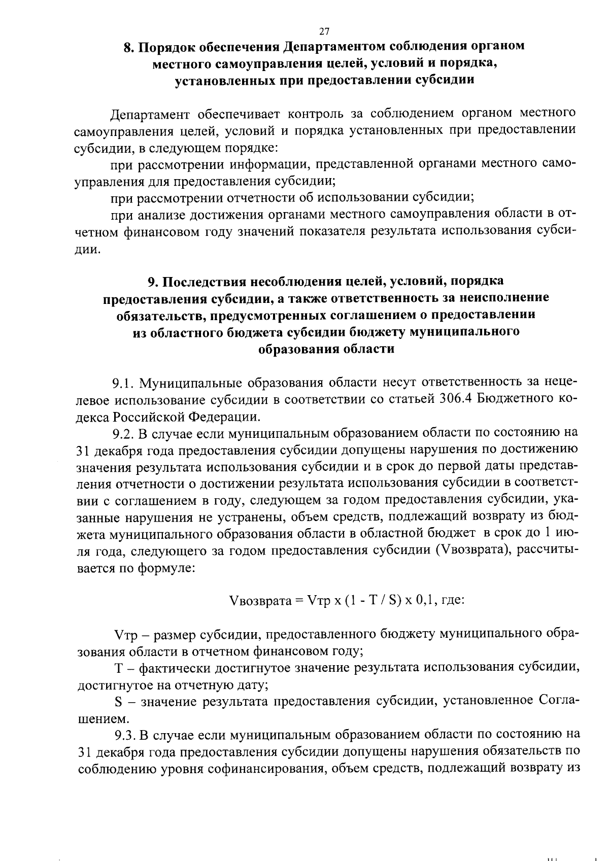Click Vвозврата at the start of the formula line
click(x=260, y=600)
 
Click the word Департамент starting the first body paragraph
click(x=150, y=113)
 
